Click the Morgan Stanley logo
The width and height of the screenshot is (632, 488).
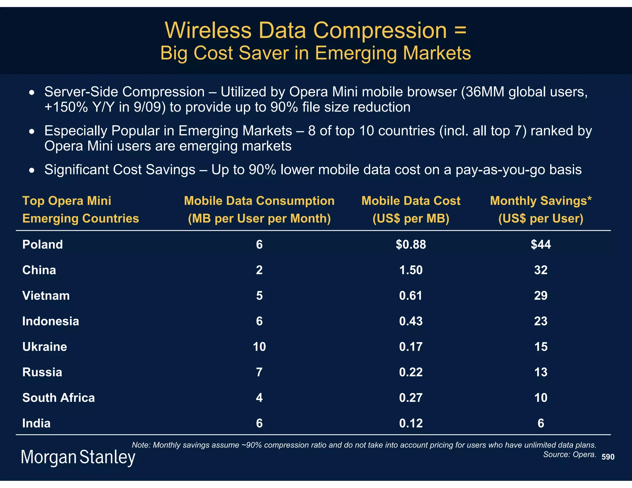[78, 457]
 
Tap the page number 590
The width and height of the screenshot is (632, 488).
[608, 457]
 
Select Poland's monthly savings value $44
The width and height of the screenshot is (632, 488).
[541, 245]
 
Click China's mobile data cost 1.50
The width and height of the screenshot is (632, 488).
[411, 270]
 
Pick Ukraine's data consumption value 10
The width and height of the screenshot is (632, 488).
[259, 347]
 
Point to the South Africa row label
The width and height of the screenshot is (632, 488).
[58, 398]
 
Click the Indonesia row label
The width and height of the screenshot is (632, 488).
[51, 321]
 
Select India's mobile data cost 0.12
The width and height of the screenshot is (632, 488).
[411, 423]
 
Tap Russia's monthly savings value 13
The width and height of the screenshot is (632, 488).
[541, 372]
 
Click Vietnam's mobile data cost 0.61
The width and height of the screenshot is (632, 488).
[411, 296]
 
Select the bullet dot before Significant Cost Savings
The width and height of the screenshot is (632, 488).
[31, 170]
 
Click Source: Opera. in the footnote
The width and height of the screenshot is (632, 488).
[570, 454]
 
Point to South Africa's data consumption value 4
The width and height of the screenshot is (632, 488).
[259, 398]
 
